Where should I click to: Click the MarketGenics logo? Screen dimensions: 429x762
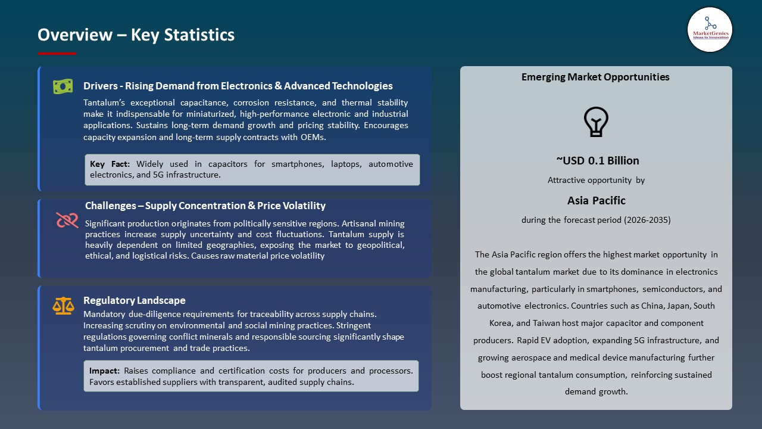point(710,29)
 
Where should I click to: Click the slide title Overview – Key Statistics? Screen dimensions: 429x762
point(136,35)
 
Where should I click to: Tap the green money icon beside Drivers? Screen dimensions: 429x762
point(63,86)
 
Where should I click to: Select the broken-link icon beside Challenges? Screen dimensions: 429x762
point(67,220)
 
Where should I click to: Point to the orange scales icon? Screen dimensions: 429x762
point(63,306)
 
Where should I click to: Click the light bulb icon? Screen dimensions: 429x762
point(596,122)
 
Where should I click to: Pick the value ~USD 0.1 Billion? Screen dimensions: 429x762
point(597,160)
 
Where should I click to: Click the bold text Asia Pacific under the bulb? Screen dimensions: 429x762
point(596,200)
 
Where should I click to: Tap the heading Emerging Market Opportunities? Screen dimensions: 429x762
point(595,77)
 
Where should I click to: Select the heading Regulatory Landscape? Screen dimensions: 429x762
point(135,300)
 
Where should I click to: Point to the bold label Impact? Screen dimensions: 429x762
point(104,371)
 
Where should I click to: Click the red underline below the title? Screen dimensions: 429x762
point(57,54)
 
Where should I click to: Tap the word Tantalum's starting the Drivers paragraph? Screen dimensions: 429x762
point(104,102)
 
